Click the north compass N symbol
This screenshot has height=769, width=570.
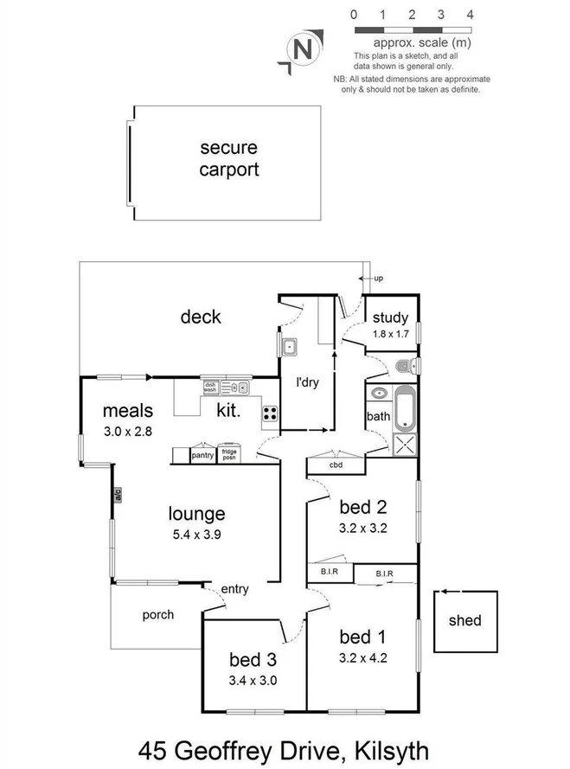303,50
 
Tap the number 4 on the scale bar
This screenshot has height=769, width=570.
470,15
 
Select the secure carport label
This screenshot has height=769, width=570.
229,158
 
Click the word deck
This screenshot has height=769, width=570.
201,317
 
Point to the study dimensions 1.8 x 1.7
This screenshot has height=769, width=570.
390,334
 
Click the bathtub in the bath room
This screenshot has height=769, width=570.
405,410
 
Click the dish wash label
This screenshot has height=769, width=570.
209,387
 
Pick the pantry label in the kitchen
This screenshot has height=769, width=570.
202,455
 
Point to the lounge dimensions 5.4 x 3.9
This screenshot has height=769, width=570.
196,535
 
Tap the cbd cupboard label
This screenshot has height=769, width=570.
336,465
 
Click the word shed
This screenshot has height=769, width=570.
465,620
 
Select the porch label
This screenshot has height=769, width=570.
157,615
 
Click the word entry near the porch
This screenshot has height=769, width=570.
234,589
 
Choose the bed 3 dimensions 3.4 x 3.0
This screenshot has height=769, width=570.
253,680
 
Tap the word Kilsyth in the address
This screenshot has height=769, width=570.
381,749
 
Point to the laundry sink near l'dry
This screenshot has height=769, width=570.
289,348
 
